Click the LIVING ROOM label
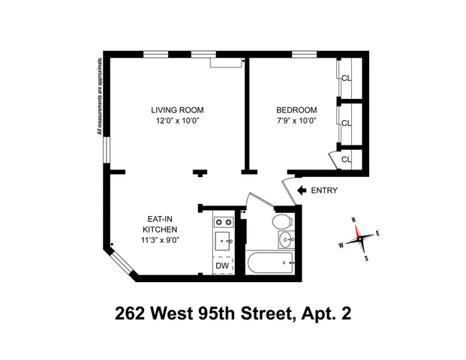pyautogui.click(x=177, y=109)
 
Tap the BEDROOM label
pyautogui.click(x=296, y=109)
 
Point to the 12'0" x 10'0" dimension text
pyautogui.click(x=177, y=120)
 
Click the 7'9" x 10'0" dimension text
pyautogui.click(x=296, y=120)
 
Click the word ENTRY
pyautogui.click(x=324, y=190)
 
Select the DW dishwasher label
pyautogui.click(x=222, y=265)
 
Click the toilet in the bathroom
pyautogui.click(x=281, y=222)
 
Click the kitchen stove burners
pyautogui.click(x=223, y=222)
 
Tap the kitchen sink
pyautogui.click(x=223, y=241)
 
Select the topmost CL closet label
pyautogui.click(x=347, y=77)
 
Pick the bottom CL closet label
pyautogui.click(x=347, y=159)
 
